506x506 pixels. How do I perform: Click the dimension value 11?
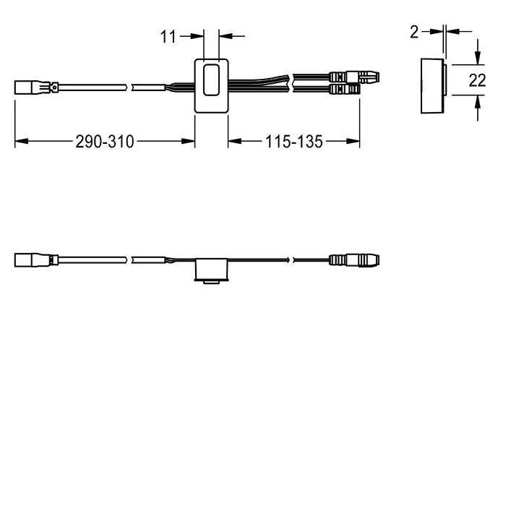[168, 36]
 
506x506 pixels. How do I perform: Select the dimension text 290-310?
[105, 142]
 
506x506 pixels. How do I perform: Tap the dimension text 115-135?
[293, 142]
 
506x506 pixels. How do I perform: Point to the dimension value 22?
[477, 80]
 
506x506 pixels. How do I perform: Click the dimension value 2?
[414, 33]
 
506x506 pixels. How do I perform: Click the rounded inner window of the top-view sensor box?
[211, 80]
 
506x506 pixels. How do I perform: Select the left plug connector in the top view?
[36, 87]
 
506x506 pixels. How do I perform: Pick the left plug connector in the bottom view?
[36, 260]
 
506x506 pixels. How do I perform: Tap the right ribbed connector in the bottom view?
[354, 260]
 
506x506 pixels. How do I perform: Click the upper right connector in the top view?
[354, 77]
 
